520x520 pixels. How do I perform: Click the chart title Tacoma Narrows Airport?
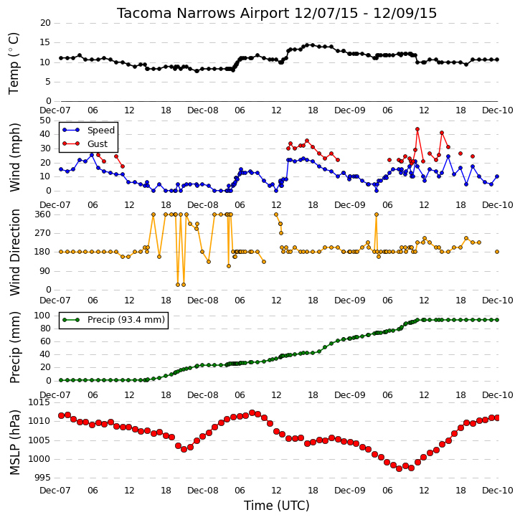pos(203,13)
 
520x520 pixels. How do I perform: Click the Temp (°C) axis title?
pos(14,63)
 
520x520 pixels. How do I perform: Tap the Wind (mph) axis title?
pos(14,157)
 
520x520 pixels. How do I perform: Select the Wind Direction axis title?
pos(14,252)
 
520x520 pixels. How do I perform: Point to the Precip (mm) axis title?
pos(14,347)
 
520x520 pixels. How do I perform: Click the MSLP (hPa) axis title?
pos(14,442)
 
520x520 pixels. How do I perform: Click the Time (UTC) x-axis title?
pos(277,506)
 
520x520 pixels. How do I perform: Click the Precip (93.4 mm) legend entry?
pos(114,320)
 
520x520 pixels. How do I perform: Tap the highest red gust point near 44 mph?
pos(417,129)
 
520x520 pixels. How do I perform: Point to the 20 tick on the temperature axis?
pos(45,23)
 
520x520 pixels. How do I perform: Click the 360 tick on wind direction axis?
pos(43,214)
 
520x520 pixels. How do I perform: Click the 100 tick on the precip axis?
pos(43,316)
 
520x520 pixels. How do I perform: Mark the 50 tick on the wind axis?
pos(45,120)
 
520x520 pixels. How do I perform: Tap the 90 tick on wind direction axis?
pos(45,271)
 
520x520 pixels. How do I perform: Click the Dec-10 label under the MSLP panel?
pos(498,490)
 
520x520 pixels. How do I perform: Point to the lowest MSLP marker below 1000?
pos(399,468)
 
